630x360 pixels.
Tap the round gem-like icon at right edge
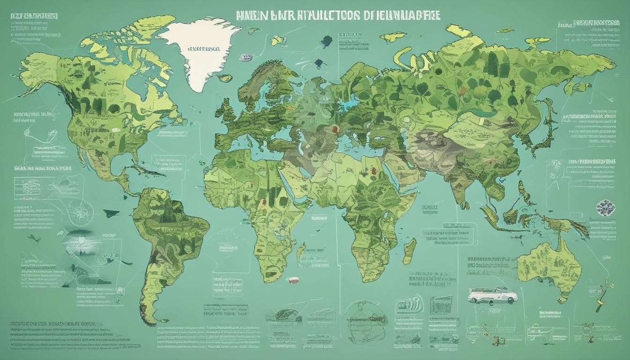[603, 207]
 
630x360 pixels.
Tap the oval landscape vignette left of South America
[84, 241]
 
